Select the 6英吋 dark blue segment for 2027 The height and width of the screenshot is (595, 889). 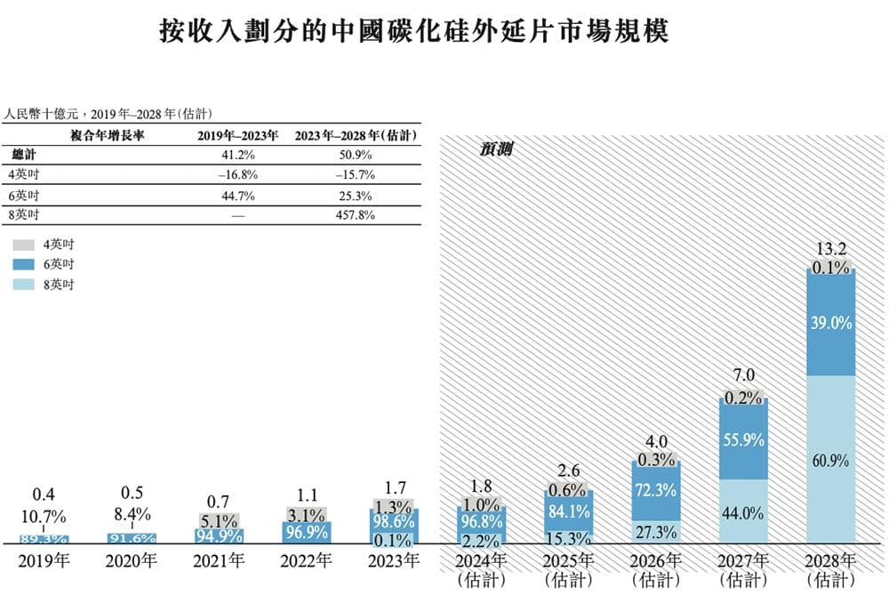click(x=742, y=439)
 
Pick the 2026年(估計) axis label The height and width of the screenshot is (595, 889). click(x=656, y=568)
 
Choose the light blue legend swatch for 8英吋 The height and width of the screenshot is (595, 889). click(x=24, y=285)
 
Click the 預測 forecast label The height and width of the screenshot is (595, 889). click(x=494, y=149)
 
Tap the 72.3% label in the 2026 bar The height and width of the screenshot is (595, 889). click(x=656, y=489)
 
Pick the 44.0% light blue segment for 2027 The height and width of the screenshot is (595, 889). click(x=742, y=512)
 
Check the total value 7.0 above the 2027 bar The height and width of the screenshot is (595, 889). click(x=742, y=374)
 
